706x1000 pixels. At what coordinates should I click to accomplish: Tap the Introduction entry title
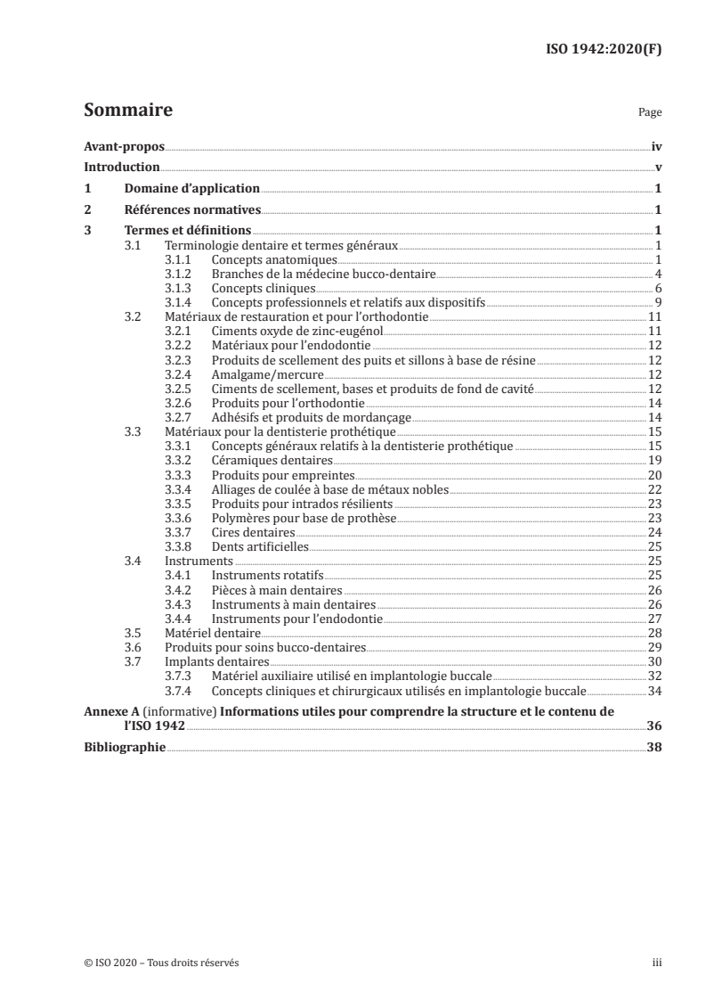[x=122, y=167]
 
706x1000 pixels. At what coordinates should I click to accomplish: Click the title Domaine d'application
[x=192, y=188]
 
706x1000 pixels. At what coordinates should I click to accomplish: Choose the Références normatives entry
[x=192, y=209]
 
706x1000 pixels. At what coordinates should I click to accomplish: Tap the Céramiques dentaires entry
[x=272, y=460]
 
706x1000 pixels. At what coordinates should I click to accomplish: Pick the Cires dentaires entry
[x=253, y=532]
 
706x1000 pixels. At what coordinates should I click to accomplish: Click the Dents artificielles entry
[x=259, y=546]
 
